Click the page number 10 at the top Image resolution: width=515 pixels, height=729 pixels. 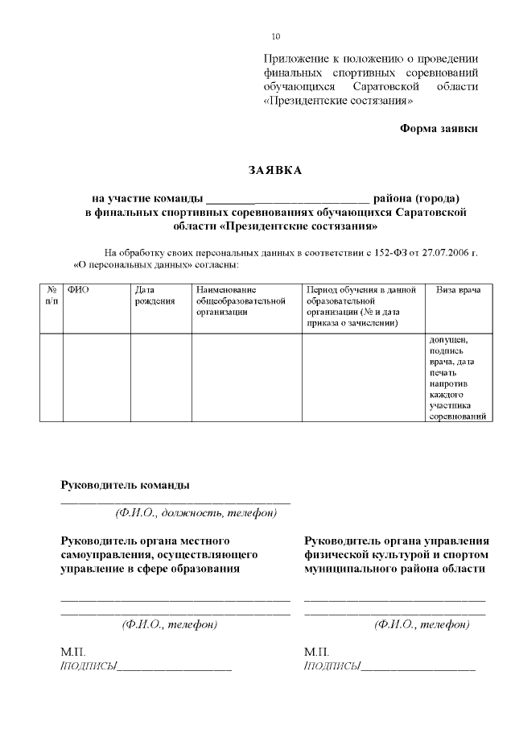pos(276,37)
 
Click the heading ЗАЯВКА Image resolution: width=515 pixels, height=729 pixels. pos(275,170)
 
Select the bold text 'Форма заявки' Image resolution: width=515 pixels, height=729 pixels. pos(439,129)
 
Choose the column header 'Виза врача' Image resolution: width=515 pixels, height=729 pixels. pos(458,289)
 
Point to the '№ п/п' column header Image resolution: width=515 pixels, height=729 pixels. pos(51,295)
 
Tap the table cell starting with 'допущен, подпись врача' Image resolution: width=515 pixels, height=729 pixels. pos(458,377)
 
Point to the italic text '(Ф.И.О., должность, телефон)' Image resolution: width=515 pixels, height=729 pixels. pos(196,512)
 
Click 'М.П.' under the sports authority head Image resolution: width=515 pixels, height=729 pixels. pos(317,650)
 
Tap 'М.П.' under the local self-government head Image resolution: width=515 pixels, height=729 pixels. pos(72,650)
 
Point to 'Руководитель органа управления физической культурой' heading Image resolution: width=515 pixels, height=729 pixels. pos(397,554)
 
